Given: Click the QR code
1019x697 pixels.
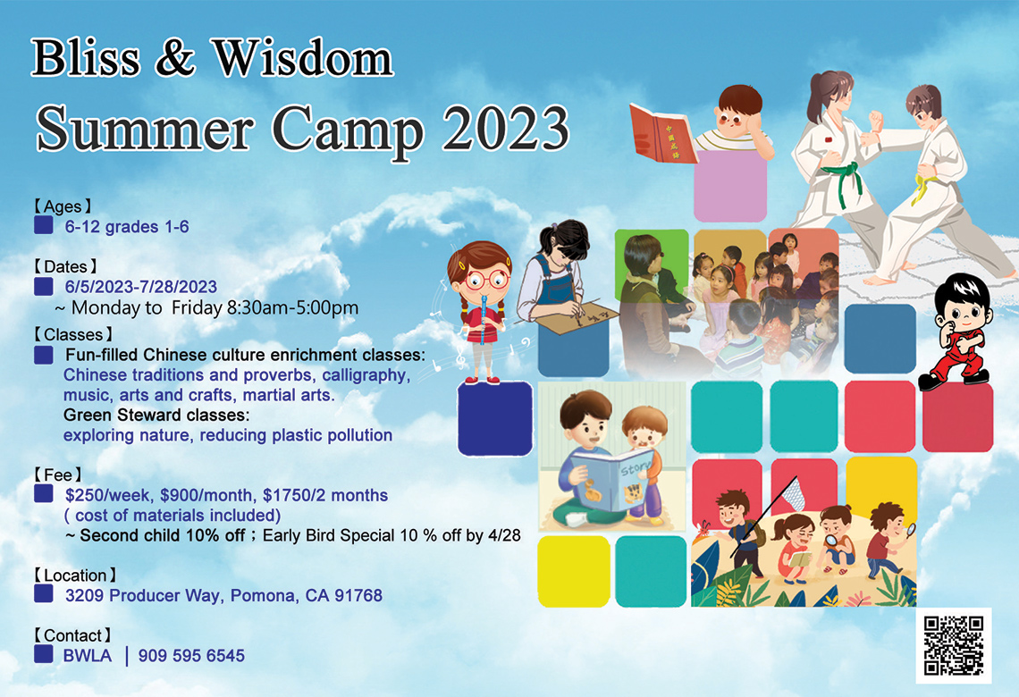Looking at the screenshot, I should [953, 645].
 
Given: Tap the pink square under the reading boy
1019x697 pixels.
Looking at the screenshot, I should [729, 186].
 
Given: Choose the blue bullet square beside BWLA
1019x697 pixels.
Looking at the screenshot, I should [43, 654].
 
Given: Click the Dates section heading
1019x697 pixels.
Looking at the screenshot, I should [65, 266].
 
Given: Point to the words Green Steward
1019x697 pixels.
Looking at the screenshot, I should [122, 416].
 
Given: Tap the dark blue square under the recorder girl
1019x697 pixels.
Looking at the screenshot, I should [494, 418].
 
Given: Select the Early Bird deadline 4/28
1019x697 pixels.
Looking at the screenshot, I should [504, 535].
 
